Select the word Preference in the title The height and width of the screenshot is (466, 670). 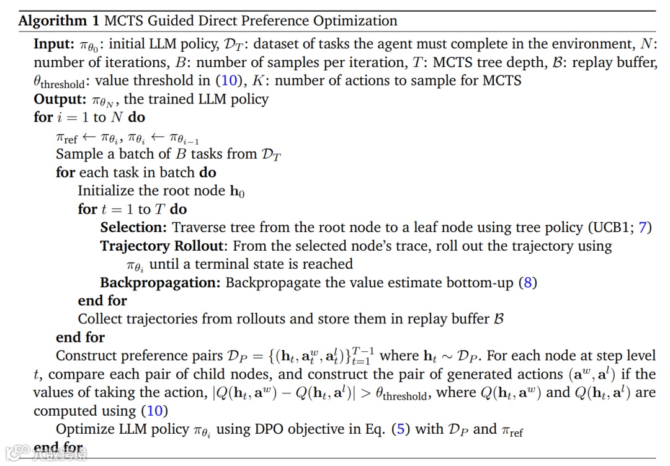(275, 21)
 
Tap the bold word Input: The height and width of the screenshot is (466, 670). (54, 45)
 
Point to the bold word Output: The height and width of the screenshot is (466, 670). (59, 99)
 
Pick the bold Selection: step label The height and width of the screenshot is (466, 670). (133, 228)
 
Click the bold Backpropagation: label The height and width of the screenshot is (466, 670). (160, 283)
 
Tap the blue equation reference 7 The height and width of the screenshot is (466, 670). (643, 228)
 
